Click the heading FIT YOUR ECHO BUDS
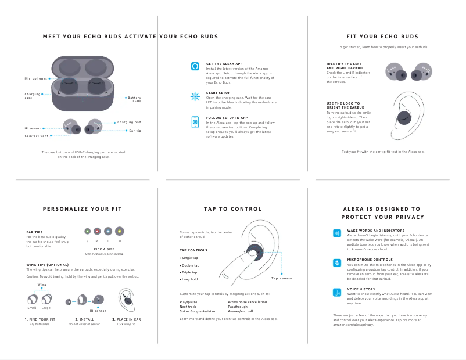(382, 37)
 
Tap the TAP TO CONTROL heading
(232, 209)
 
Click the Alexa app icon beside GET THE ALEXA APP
(195, 66)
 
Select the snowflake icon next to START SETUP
(195, 96)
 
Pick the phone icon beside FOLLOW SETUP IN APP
(195, 121)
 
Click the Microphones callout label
(36, 78)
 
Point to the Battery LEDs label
(134, 99)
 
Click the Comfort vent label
(36, 136)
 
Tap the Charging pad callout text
(129, 123)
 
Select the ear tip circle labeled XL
(120, 231)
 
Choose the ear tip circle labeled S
(87, 231)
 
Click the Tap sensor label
(282, 279)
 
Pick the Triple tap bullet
(189, 272)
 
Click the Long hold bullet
(189, 280)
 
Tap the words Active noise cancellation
(248, 302)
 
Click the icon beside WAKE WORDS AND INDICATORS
(336, 233)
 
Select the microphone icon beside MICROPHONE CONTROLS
(336, 262)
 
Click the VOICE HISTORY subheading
(361, 289)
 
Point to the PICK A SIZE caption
(104, 249)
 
